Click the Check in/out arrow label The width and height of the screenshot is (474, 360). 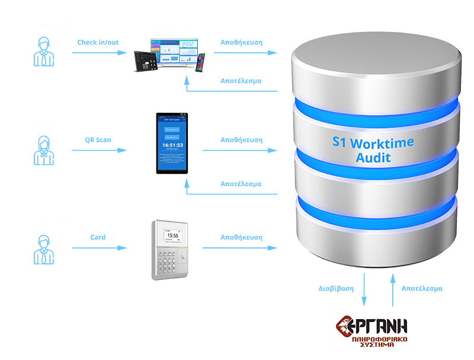98,43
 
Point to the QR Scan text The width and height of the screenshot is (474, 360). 98,141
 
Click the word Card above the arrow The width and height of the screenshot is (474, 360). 98,237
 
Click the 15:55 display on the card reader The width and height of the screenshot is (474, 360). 172,235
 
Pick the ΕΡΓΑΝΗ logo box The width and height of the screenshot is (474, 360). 376,331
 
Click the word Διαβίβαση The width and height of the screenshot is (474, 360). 336,289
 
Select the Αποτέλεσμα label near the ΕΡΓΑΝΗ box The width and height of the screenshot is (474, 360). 422,289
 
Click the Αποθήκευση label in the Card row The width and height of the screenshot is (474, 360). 241,237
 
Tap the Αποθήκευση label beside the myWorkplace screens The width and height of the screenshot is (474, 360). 241,43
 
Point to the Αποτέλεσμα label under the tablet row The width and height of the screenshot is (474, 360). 241,184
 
